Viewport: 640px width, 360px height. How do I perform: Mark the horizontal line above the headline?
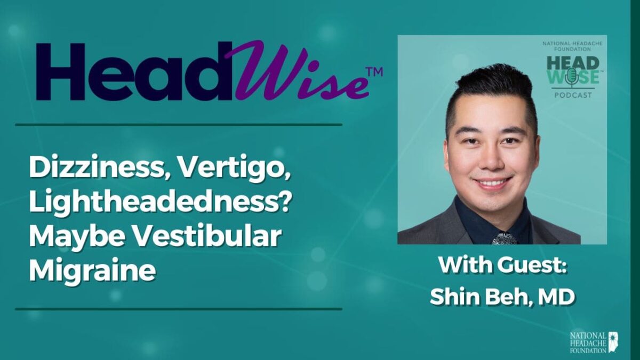click(179, 125)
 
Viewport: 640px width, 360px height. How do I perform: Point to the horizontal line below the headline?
click(179, 309)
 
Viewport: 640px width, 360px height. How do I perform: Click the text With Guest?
click(502, 265)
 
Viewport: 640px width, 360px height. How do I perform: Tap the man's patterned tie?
click(504, 238)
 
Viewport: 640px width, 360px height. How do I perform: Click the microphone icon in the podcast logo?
click(572, 77)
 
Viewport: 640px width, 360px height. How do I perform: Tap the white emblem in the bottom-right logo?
click(613, 342)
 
